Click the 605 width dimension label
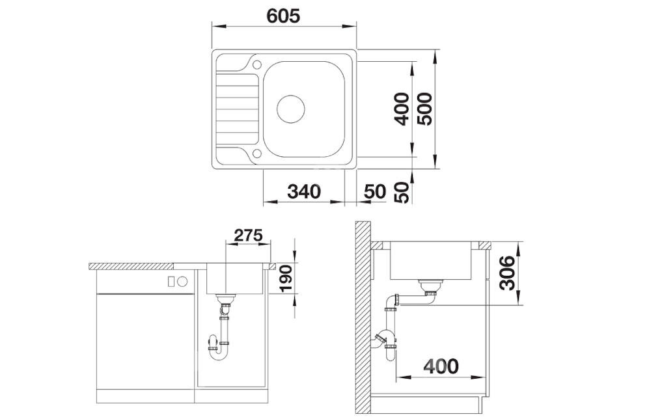click(x=283, y=16)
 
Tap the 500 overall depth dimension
click(x=424, y=109)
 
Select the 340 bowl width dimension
click(x=304, y=192)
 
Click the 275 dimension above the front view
click(x=248, y=236)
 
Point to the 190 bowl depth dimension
click(x=286, y=278)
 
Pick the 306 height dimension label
click(x=507, y=273)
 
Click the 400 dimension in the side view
click(x=441, y=366)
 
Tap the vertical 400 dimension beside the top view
click(x=402, y=109)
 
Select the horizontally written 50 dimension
click(x=375, y=192)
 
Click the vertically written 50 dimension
click(x=402, y=193)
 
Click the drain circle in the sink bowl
click(x=290, y=109)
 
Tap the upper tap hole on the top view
click(x=257, y=64)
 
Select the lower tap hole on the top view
click(x=257, y=154)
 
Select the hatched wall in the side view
click(x=363, y=318)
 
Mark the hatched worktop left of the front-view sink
click(x=132, y=266)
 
